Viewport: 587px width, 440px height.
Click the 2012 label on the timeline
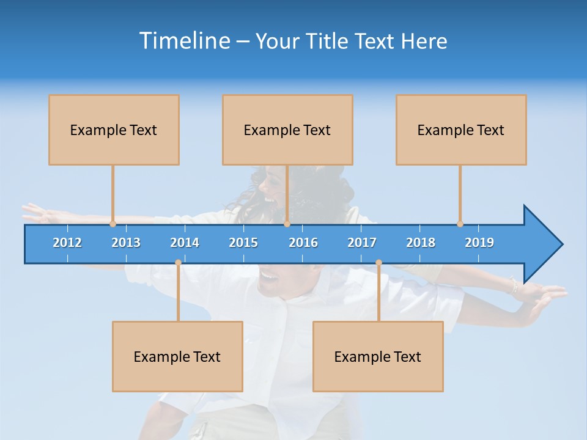click(67, 243)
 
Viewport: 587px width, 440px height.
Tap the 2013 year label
click(126, 243)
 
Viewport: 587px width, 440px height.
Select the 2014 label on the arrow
click(185, 243)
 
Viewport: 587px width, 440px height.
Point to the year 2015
click(243, 243)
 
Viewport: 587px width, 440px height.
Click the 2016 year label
click(303, 243)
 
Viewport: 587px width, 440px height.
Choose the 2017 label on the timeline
click(362, 243)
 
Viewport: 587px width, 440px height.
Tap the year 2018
click(421, 243)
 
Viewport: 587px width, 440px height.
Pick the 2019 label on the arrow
click(479, 243)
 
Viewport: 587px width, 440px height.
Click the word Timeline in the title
click(184, 41)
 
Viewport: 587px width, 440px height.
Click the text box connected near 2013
click(114, 130)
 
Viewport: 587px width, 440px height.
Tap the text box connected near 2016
click(287, 130)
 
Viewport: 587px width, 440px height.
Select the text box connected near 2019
click(461, 130)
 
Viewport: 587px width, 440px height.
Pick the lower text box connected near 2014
click(177, 356)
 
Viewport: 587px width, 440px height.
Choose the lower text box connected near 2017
click(378, 356)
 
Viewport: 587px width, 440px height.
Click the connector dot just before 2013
click(113, 224)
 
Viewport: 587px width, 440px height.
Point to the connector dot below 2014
click(178, 263)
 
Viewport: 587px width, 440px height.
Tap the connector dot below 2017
click(378, 263)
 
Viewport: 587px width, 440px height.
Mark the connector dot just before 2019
click(460, 224)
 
